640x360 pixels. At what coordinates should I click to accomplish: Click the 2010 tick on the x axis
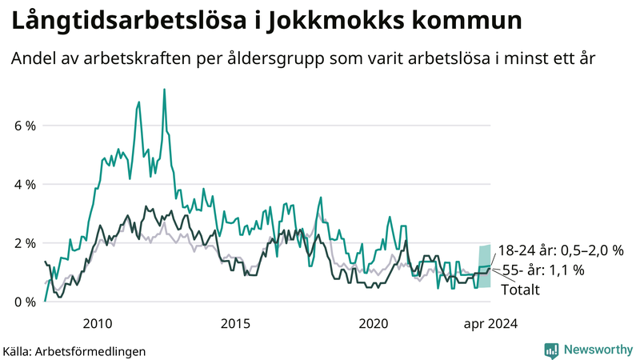(x=97, y=324)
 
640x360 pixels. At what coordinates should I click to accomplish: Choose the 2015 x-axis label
(x=235, y=324)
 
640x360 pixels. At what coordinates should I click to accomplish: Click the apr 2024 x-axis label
(x=490, y=324)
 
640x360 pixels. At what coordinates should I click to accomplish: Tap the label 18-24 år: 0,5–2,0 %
(x=560, y=250)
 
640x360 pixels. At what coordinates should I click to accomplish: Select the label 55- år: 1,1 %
(x=543, y=270)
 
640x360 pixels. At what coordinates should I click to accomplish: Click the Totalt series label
(x=521, y=290)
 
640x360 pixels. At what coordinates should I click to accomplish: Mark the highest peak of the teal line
(x=164, y=90)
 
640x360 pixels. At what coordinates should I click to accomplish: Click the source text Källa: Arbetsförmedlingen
(x=74, y=350)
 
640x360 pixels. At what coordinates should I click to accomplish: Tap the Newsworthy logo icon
(x=551, y=350)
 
